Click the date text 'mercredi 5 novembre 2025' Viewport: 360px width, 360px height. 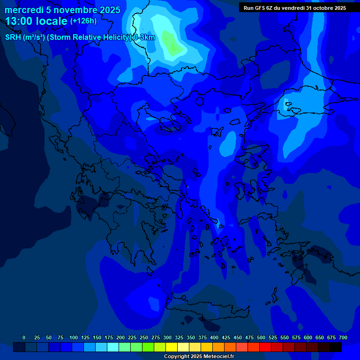pyautogui.click(x=62, y=10)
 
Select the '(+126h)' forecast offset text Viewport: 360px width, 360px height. pyautogui.click(x=83, y=22)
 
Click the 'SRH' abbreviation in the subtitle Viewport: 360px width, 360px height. pyautogui.click(x=13, y=38)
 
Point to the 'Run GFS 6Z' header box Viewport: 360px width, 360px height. pyautogui.click(x=295, y=8)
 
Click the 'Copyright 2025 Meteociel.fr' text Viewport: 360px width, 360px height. pyautogui.click(x=199, y=357)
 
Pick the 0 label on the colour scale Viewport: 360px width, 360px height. pyautogui.click(x=24, y=337)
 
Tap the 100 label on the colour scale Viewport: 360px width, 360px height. pyautogui.click(x=73, y=337)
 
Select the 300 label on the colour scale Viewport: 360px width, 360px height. pyautogui.click(x=167, y=337)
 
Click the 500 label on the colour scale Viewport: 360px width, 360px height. pyautogui.click(x=261, y=337)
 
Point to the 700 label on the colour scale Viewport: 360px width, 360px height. pyautogui.click(x=343, y=337)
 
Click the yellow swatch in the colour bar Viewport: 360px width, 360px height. pyautogui.click(x=172, y=347)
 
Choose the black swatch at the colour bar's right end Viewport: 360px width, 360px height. pyautogui.click(x=336, y=347)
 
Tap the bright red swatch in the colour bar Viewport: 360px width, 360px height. pyautogui.click(x=265, y=347)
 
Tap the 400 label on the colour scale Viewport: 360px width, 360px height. pyautogui.click(x=214, y=337)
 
